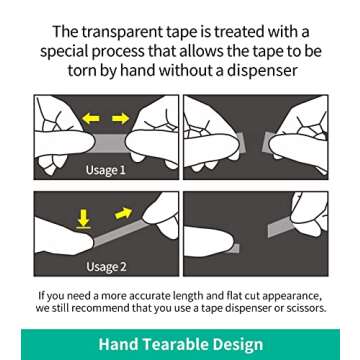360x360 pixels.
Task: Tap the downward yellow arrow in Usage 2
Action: pos(85,214)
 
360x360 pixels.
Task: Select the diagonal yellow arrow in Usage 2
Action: pos(122,210)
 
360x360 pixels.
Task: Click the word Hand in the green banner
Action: pos(121,345)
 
